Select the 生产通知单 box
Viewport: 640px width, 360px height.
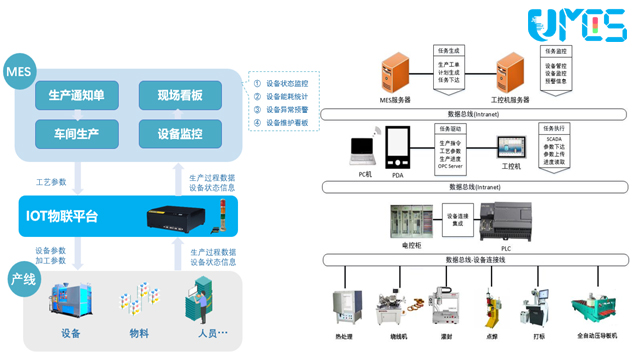click(77, 96)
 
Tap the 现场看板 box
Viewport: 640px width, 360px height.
click(180, 96)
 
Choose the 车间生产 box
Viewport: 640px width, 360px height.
click(77, 133)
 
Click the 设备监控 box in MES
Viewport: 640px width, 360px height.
click(180, 133)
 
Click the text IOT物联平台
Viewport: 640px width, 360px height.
click(62, 216)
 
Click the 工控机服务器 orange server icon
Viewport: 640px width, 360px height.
click(512, 73)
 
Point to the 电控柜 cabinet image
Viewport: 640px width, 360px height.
click(411, 221)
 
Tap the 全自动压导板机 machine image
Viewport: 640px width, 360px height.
click(597, 305)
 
